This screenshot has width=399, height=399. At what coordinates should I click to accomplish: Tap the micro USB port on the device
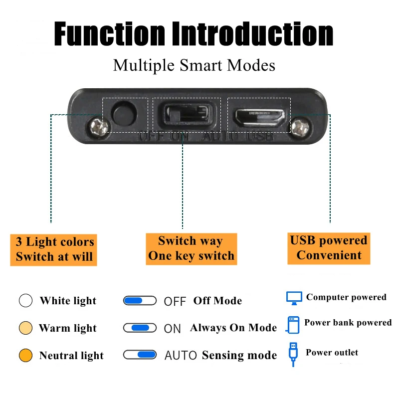tap(259, 117)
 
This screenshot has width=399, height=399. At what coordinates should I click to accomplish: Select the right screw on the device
tap(300, 126)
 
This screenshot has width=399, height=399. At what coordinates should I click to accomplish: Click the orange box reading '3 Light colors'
tap(54, 249)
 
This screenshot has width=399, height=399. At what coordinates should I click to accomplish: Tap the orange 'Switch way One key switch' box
tap(191, 248)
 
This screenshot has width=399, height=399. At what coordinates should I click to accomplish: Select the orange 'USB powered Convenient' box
tap(329, 248)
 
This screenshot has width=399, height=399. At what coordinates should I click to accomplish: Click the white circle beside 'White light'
tap(25, 301)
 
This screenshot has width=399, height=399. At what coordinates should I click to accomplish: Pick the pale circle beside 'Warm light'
tap(25, 328)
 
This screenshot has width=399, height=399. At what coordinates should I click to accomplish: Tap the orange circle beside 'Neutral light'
tap(25, 356)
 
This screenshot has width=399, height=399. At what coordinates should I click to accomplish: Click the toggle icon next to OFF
tap(140, 301)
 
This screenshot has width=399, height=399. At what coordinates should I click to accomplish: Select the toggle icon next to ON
tap(140, 328)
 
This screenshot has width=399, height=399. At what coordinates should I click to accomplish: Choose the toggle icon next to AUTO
tap(140, 355)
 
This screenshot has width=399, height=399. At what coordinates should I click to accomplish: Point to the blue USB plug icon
tap(293, 353)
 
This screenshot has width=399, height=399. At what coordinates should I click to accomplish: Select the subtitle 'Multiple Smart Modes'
tap(194, 65)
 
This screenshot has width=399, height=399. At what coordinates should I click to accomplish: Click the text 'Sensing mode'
tap(239, 356)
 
